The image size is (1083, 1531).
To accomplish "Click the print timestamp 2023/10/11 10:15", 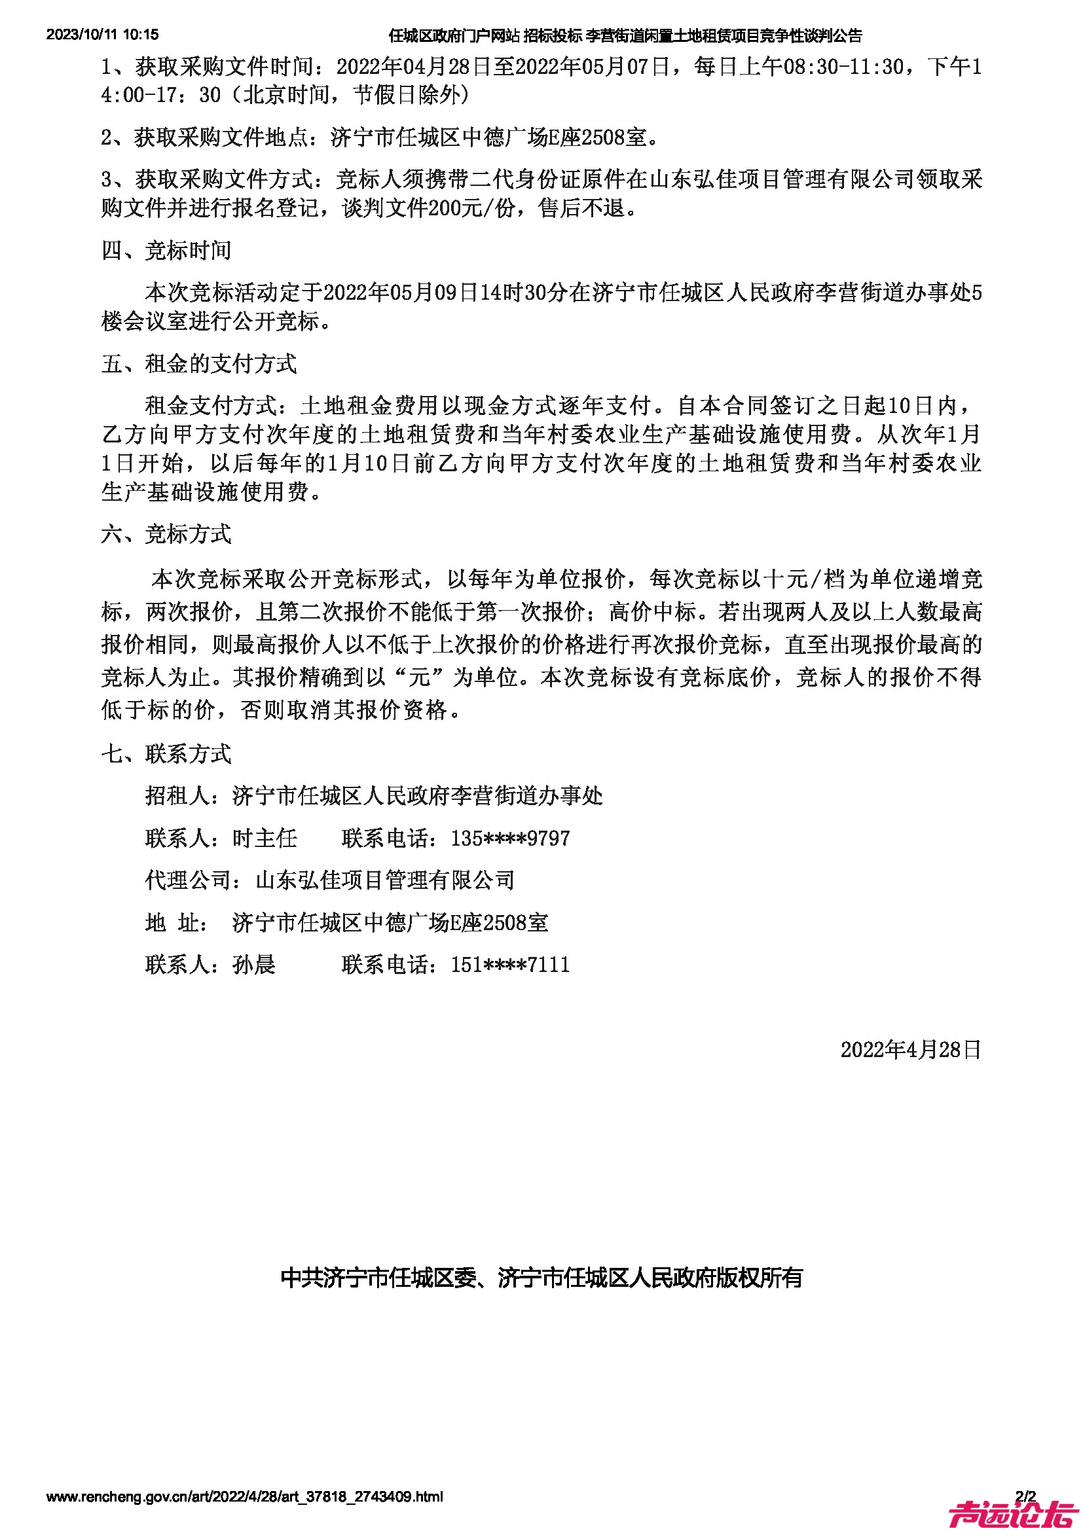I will click(102, 35).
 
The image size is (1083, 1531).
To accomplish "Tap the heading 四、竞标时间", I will click(166, 251).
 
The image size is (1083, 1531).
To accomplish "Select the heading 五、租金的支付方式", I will click(199, 364).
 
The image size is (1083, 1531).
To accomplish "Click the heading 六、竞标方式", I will click(166, 534).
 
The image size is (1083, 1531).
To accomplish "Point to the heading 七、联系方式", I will click(166, 754).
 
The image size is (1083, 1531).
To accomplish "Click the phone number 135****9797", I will click(510, 838).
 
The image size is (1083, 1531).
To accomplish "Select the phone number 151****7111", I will click(510, 965).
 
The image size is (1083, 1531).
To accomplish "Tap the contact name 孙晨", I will click(253, 965).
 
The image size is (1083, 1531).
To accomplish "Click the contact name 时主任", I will click(265, 838).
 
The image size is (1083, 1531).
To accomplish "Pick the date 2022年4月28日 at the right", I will click(910, 1049).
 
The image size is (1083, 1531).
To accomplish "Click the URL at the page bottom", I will click(244, 1497).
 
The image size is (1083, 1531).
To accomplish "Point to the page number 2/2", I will click(1025, 1496).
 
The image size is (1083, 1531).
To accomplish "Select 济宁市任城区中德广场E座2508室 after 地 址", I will click(390, 923).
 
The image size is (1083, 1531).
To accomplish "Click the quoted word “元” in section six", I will click(420, 677).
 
